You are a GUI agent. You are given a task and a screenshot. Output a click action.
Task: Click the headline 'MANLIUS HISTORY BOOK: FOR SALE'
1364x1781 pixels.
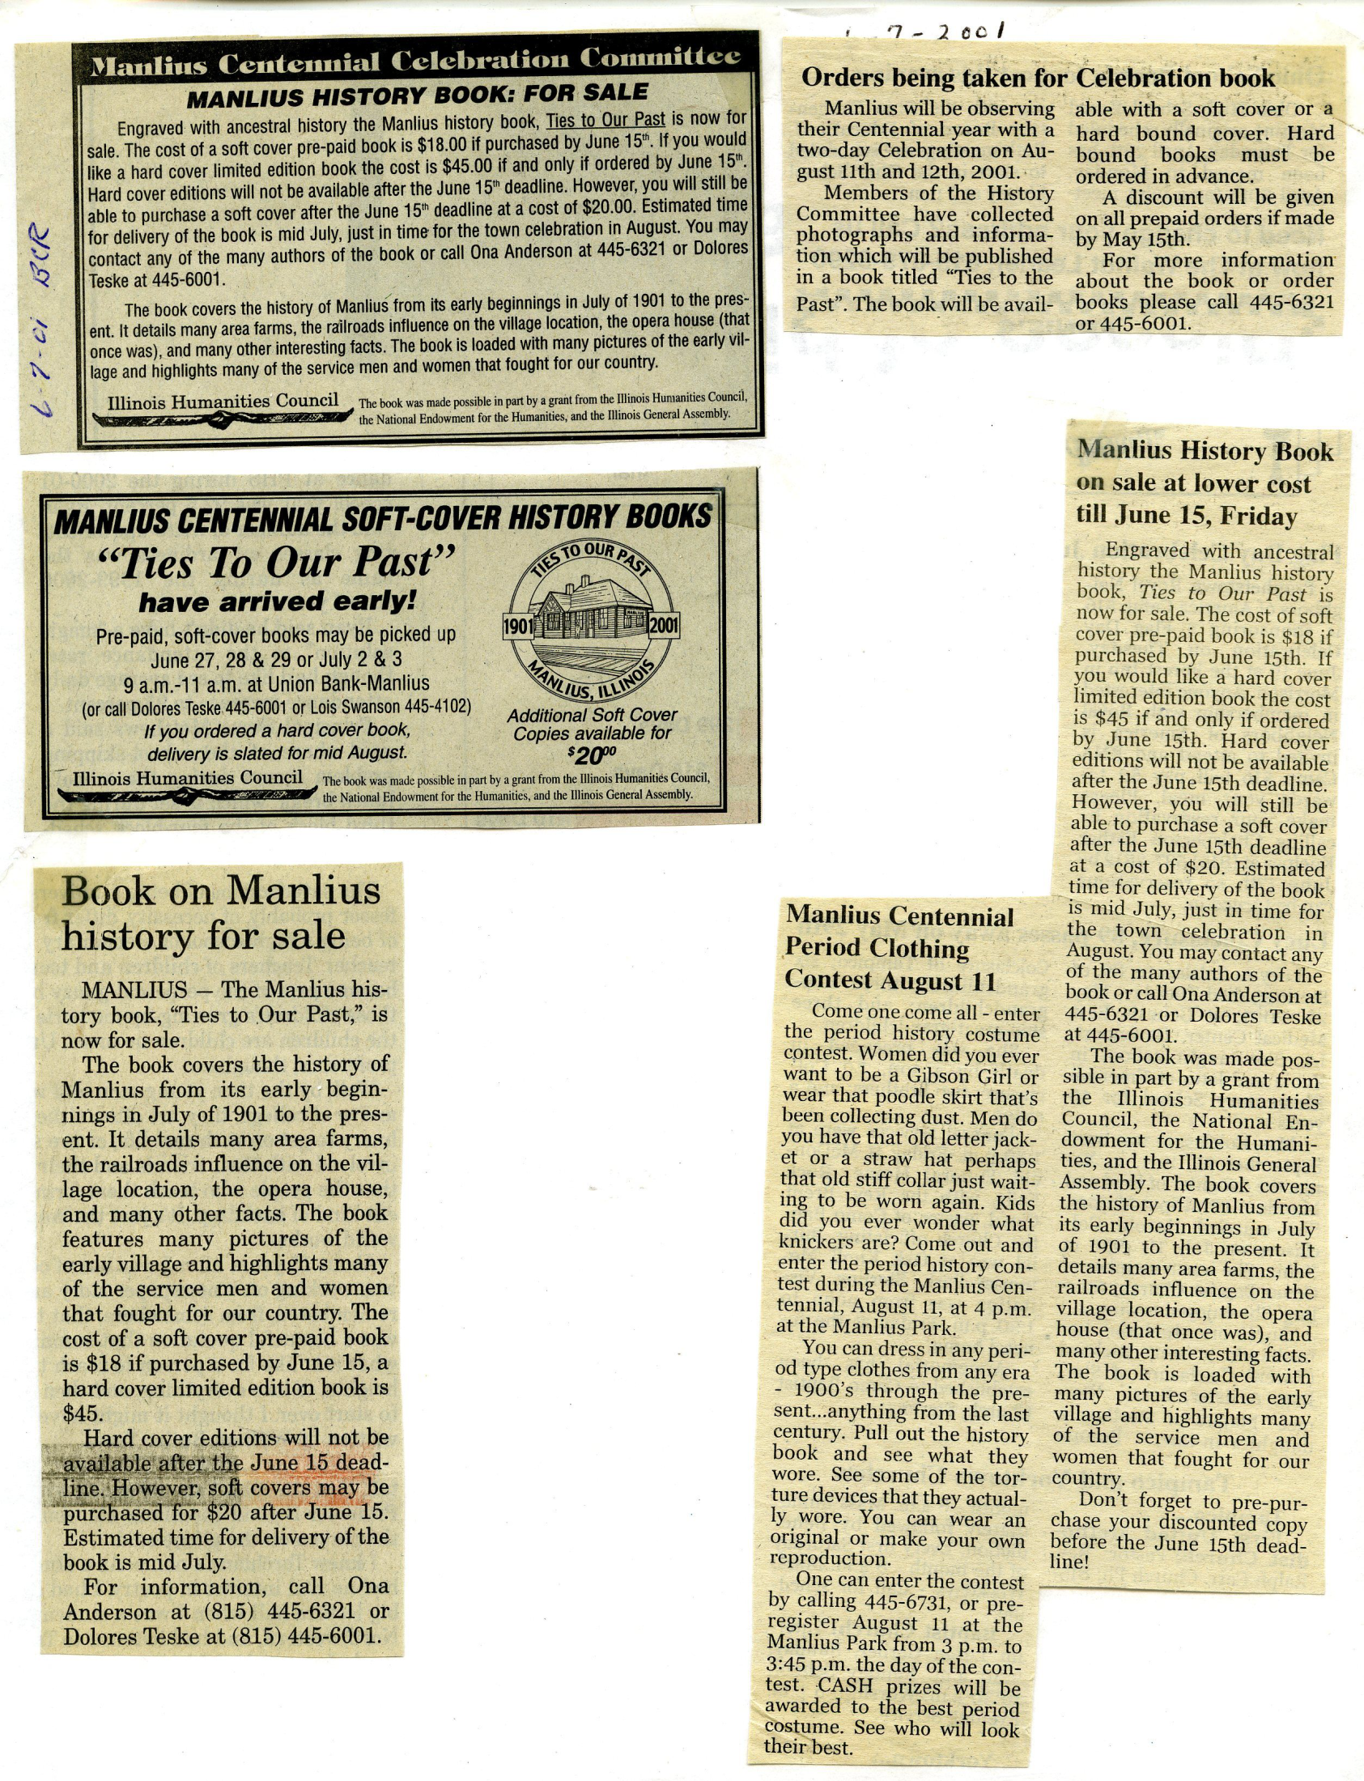(418, 95)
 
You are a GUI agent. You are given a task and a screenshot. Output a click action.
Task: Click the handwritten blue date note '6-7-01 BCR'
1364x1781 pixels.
(43, 324)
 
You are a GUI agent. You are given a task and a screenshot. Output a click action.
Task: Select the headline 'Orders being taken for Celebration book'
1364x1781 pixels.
(1038, 78)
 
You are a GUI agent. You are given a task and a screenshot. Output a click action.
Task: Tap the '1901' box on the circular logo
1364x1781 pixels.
(517, 626)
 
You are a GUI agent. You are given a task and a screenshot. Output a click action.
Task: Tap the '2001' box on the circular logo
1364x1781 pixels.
(663, 625)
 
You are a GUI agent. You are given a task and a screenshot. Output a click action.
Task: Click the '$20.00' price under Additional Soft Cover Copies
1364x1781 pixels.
(592, 756)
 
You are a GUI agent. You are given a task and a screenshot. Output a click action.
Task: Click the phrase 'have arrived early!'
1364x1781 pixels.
(277, 601)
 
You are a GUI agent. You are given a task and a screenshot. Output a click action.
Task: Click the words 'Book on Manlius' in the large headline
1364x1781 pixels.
(221, 890)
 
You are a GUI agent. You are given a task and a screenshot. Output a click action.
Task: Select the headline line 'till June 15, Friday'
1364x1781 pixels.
(1186, 516)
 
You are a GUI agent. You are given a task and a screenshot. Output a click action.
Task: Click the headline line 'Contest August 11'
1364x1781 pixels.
(890, 980)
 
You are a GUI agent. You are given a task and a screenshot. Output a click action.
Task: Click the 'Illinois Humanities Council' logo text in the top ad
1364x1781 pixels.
(223, 401)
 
